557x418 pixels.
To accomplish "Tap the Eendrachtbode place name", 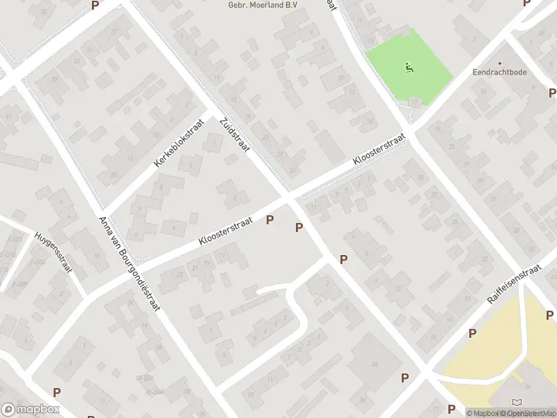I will pos(499,72).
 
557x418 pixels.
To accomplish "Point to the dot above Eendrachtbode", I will pos(499,63).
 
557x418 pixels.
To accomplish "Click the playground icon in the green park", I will pos(409,68).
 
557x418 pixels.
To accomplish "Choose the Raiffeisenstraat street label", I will pos(514,283).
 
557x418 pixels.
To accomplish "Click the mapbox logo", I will pos(31,410).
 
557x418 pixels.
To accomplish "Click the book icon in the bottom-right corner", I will pos(516,402).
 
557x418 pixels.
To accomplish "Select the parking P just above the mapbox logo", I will pos(56,392).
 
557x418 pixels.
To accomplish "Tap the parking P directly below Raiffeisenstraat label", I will pos(472,333).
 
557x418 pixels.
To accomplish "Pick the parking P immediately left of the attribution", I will pos(451,409).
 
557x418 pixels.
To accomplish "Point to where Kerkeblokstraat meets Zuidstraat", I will pos(212,114).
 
